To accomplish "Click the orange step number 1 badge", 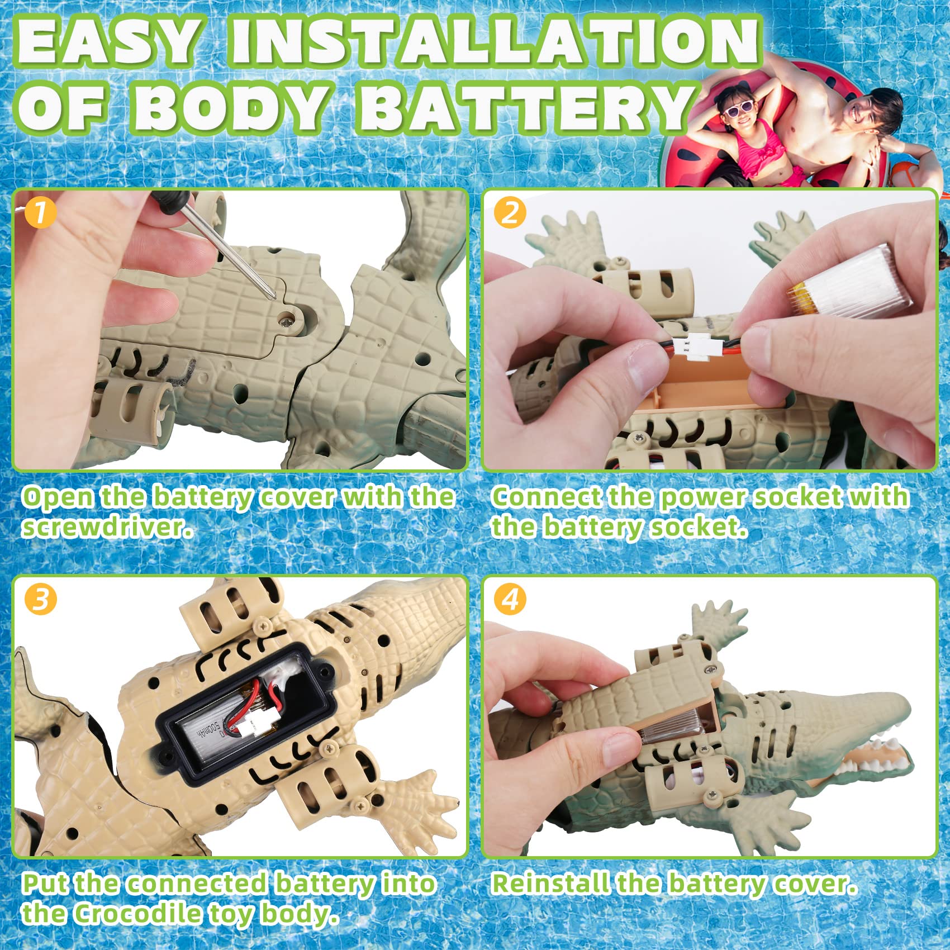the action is (40, 213).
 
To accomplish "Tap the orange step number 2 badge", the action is (510, 213).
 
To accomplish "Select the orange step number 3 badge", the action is (40, 600).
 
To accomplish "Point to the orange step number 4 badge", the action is (510, 600).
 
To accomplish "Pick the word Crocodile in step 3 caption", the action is (137, 914).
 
